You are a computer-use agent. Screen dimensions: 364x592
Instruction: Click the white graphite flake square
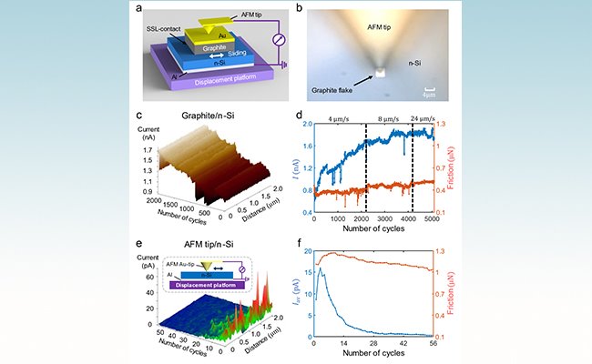pos(376,69)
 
